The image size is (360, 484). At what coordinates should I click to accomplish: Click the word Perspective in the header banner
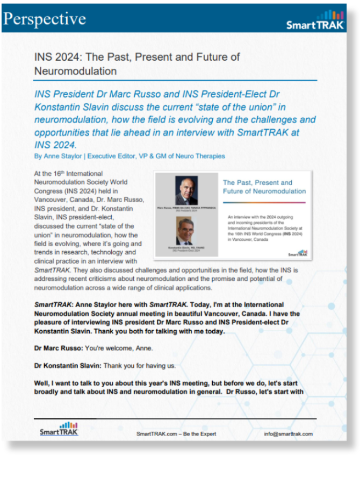[x=45, y=19]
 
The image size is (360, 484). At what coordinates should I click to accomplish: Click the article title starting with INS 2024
[x=137, y=63]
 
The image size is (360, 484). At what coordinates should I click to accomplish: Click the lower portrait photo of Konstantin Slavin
[x=186, y=232]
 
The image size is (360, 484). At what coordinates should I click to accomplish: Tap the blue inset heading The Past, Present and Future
[x=264, y=187]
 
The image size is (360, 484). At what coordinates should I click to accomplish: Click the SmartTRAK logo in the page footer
[x=59, y=430]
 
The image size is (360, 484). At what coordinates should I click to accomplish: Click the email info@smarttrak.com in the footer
[x=288, y=434]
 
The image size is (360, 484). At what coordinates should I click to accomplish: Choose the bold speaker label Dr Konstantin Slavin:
[x=68, y=366]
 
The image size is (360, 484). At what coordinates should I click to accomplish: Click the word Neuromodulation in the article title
[x=75, y=70]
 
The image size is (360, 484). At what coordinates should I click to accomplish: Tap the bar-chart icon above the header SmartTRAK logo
[x=330, y=15]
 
